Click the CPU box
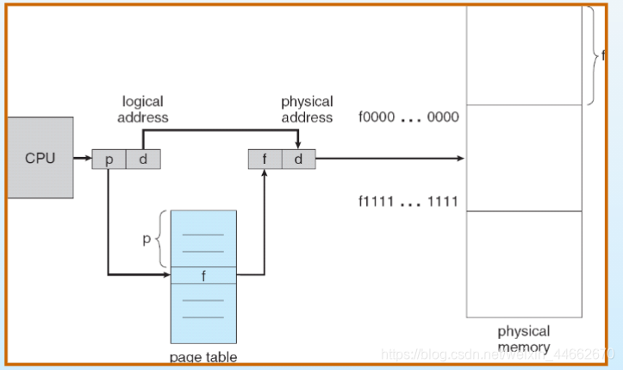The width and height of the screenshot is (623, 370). (x=40, y=158)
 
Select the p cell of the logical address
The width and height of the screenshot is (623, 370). (x=109, y=159)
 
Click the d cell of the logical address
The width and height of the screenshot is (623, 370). (x=143, y=159)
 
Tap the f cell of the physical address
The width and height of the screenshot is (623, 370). (x=265, y=159)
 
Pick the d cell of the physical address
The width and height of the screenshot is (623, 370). (x=298, y=159)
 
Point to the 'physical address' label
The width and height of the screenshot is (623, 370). (x=307, y=110)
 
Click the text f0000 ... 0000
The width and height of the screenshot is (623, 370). (x=408, y=117)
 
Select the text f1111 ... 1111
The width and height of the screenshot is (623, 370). (x=408, y=203)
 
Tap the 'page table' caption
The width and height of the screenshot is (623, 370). (x=203, y=356)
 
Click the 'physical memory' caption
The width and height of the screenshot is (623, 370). (x=523, y=339)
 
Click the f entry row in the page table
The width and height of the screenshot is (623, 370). (x=203, y=275)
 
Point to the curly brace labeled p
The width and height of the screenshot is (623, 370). (x=164, y=238)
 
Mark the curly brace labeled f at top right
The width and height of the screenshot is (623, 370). (x=593, y=55)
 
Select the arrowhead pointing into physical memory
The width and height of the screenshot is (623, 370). (x=460, y=159)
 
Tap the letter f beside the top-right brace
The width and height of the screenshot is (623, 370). (x=603, y=55)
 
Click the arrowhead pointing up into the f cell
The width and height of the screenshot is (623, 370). (x=265, y=172)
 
